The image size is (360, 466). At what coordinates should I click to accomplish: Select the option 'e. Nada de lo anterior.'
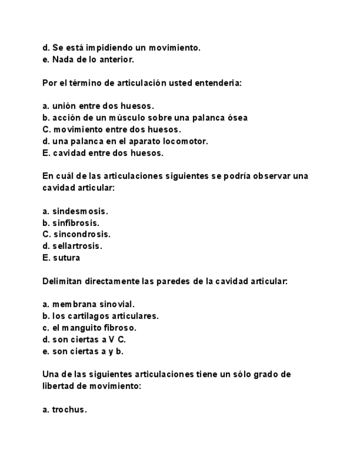(x=88, y=59)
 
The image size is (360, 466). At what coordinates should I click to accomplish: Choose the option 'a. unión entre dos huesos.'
(x=98, y=106)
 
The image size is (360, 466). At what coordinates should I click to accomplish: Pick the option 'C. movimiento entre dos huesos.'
(x=112, y=130)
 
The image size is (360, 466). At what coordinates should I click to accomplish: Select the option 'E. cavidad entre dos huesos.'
(x=103, y=153)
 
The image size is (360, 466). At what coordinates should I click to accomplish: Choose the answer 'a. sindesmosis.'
(x=75, y=211)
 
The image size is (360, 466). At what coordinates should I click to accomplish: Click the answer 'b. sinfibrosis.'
(x=71, y=223)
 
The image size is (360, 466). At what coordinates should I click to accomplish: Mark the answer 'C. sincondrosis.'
(x=76, y=234)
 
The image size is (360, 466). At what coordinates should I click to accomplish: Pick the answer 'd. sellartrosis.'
(x=73, y=246)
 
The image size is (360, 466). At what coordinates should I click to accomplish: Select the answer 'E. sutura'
(x=61, y=258)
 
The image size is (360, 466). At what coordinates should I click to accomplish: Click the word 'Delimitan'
(x=62, y=281)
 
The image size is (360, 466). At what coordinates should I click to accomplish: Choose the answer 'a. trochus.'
(x=64, y=409)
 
